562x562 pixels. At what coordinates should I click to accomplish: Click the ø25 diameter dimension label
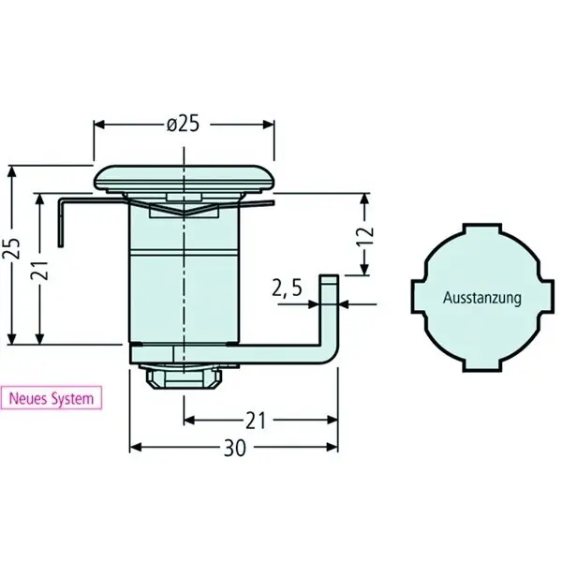coord(183,125)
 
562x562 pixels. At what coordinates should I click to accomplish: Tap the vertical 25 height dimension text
coord(10,248)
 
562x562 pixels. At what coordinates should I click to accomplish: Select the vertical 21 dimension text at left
coord(40,270)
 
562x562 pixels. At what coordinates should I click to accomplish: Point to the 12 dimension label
coord(365,235)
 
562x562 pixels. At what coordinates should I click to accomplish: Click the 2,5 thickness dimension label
coord(288,288)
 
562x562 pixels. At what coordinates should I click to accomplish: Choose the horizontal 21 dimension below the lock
coord(256,421)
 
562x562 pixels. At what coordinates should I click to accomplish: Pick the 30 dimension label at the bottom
coord(235,448)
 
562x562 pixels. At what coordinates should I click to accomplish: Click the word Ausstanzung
coord(482,298)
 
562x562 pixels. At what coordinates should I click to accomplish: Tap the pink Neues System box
coord(51,398)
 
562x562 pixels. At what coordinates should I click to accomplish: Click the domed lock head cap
coord(185,178)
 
